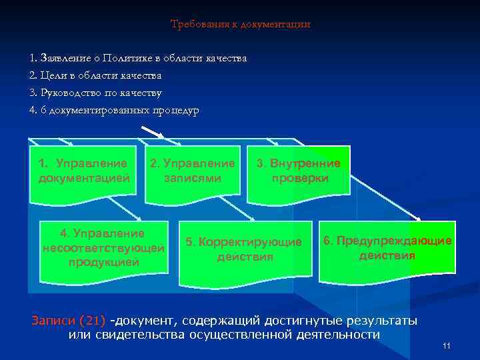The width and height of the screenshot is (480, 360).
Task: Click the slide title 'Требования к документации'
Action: (x=240, y=25)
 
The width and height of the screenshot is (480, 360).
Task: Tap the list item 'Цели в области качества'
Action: (x=101, y=76)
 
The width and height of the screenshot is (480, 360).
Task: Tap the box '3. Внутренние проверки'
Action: (x=299, y=171)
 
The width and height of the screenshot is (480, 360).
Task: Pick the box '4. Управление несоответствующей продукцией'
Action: (x=103, y=248)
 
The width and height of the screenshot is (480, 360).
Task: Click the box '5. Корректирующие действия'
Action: (x=243, y=249)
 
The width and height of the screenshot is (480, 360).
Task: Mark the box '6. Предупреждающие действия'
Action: (x=387, y=248)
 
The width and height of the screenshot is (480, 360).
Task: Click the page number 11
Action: (x=446, y=345)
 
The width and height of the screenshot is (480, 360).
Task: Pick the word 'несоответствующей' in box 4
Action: (x=103, y=248)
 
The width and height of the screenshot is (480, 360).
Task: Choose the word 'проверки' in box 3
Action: (x=299, y=179)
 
